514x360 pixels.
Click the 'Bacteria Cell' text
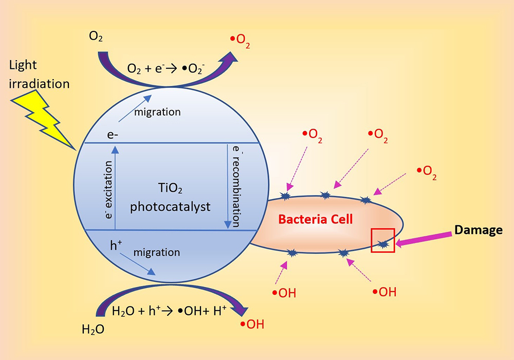[x=316, y=220]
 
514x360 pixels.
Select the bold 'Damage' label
[x=478, y=230]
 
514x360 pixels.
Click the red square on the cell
[x=383, y=240]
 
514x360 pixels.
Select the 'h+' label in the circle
[x=116, y=246]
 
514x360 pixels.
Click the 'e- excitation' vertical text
[x=108, y=189]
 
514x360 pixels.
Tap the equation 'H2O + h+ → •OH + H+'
[x=170, y=311]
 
